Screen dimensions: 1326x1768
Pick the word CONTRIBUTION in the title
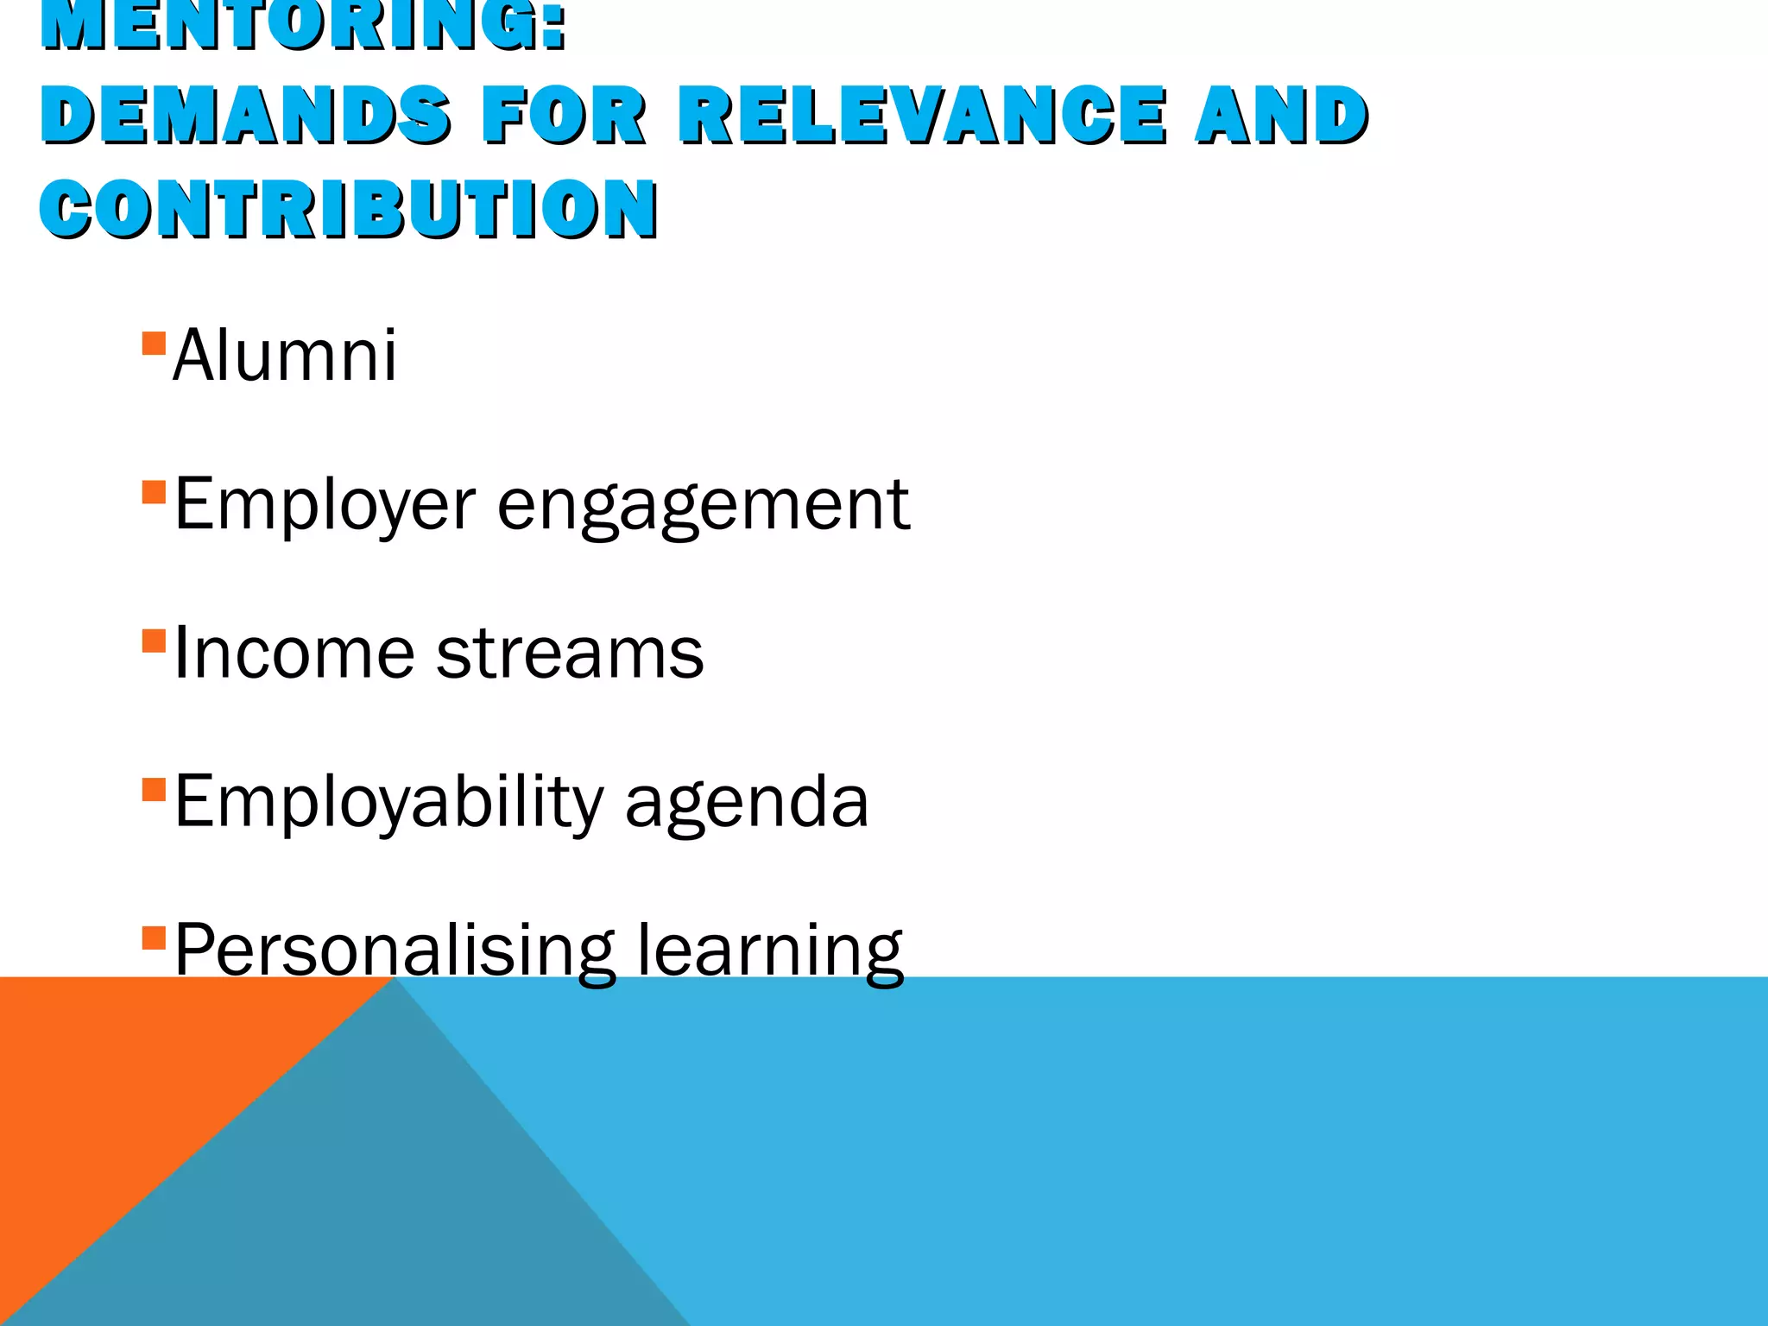[x=349, y=209]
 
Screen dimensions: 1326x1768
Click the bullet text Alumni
[x=285, y=356]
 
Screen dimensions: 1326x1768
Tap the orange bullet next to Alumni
[x=154, y=344]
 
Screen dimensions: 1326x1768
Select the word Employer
[x=325, y=505]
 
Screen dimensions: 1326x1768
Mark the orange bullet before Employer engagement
[x=154, y=492]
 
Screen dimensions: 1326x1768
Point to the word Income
[x=294, y=654]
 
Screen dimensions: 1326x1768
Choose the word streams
[x=570, y=654]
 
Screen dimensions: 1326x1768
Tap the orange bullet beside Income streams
[x=154, y=641]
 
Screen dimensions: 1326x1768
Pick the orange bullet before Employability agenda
[x=154, y=790]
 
